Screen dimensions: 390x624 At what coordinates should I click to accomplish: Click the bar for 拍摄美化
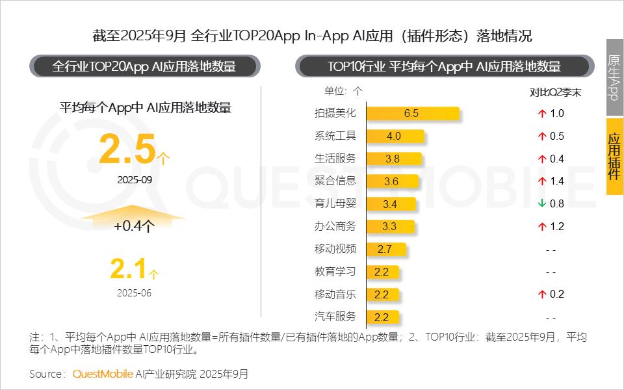point(413,114)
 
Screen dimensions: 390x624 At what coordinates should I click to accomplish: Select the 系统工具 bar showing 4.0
point(395,136)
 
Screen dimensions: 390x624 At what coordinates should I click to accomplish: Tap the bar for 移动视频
point(386,249)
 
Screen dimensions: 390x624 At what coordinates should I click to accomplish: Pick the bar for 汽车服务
point(382,317)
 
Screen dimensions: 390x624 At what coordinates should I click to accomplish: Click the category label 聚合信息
point(335,181)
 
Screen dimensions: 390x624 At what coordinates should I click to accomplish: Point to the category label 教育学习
point(335,272)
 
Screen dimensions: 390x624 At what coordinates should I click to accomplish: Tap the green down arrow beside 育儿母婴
point(541,204)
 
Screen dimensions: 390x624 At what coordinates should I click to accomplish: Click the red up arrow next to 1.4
point(541,181)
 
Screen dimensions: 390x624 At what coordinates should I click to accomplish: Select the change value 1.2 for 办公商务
point(556,227)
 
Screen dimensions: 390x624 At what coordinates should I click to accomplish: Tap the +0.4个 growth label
point(134,226)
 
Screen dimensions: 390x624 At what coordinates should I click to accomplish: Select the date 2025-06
point(134,292)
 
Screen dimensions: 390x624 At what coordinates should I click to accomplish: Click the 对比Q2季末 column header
point(555,92)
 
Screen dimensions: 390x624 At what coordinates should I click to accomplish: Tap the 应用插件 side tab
point(614,156)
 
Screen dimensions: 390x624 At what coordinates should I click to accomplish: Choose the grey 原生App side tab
point(614,77)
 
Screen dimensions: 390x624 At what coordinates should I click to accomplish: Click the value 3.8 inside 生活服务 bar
point(393,159)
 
